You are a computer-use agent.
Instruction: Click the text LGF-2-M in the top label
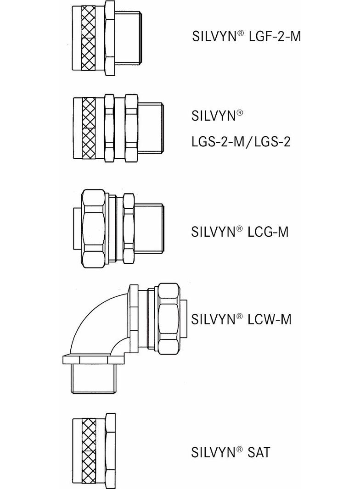[x=275, y=37]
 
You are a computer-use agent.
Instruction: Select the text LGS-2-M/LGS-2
[x=241, y=142]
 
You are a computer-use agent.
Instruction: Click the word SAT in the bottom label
[x=259, y=452]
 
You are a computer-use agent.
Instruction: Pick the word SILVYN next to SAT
[x=213, y=452]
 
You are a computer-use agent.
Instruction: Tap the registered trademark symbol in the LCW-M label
[x=239, y=316]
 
